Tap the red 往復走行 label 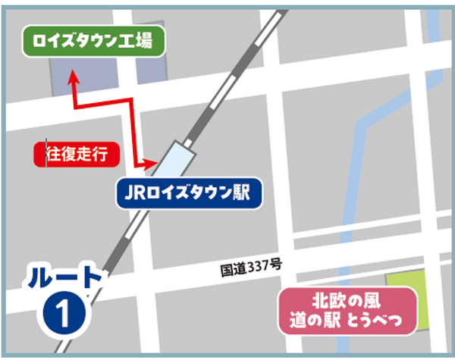78,155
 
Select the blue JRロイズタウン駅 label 189,193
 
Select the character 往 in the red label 53,155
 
